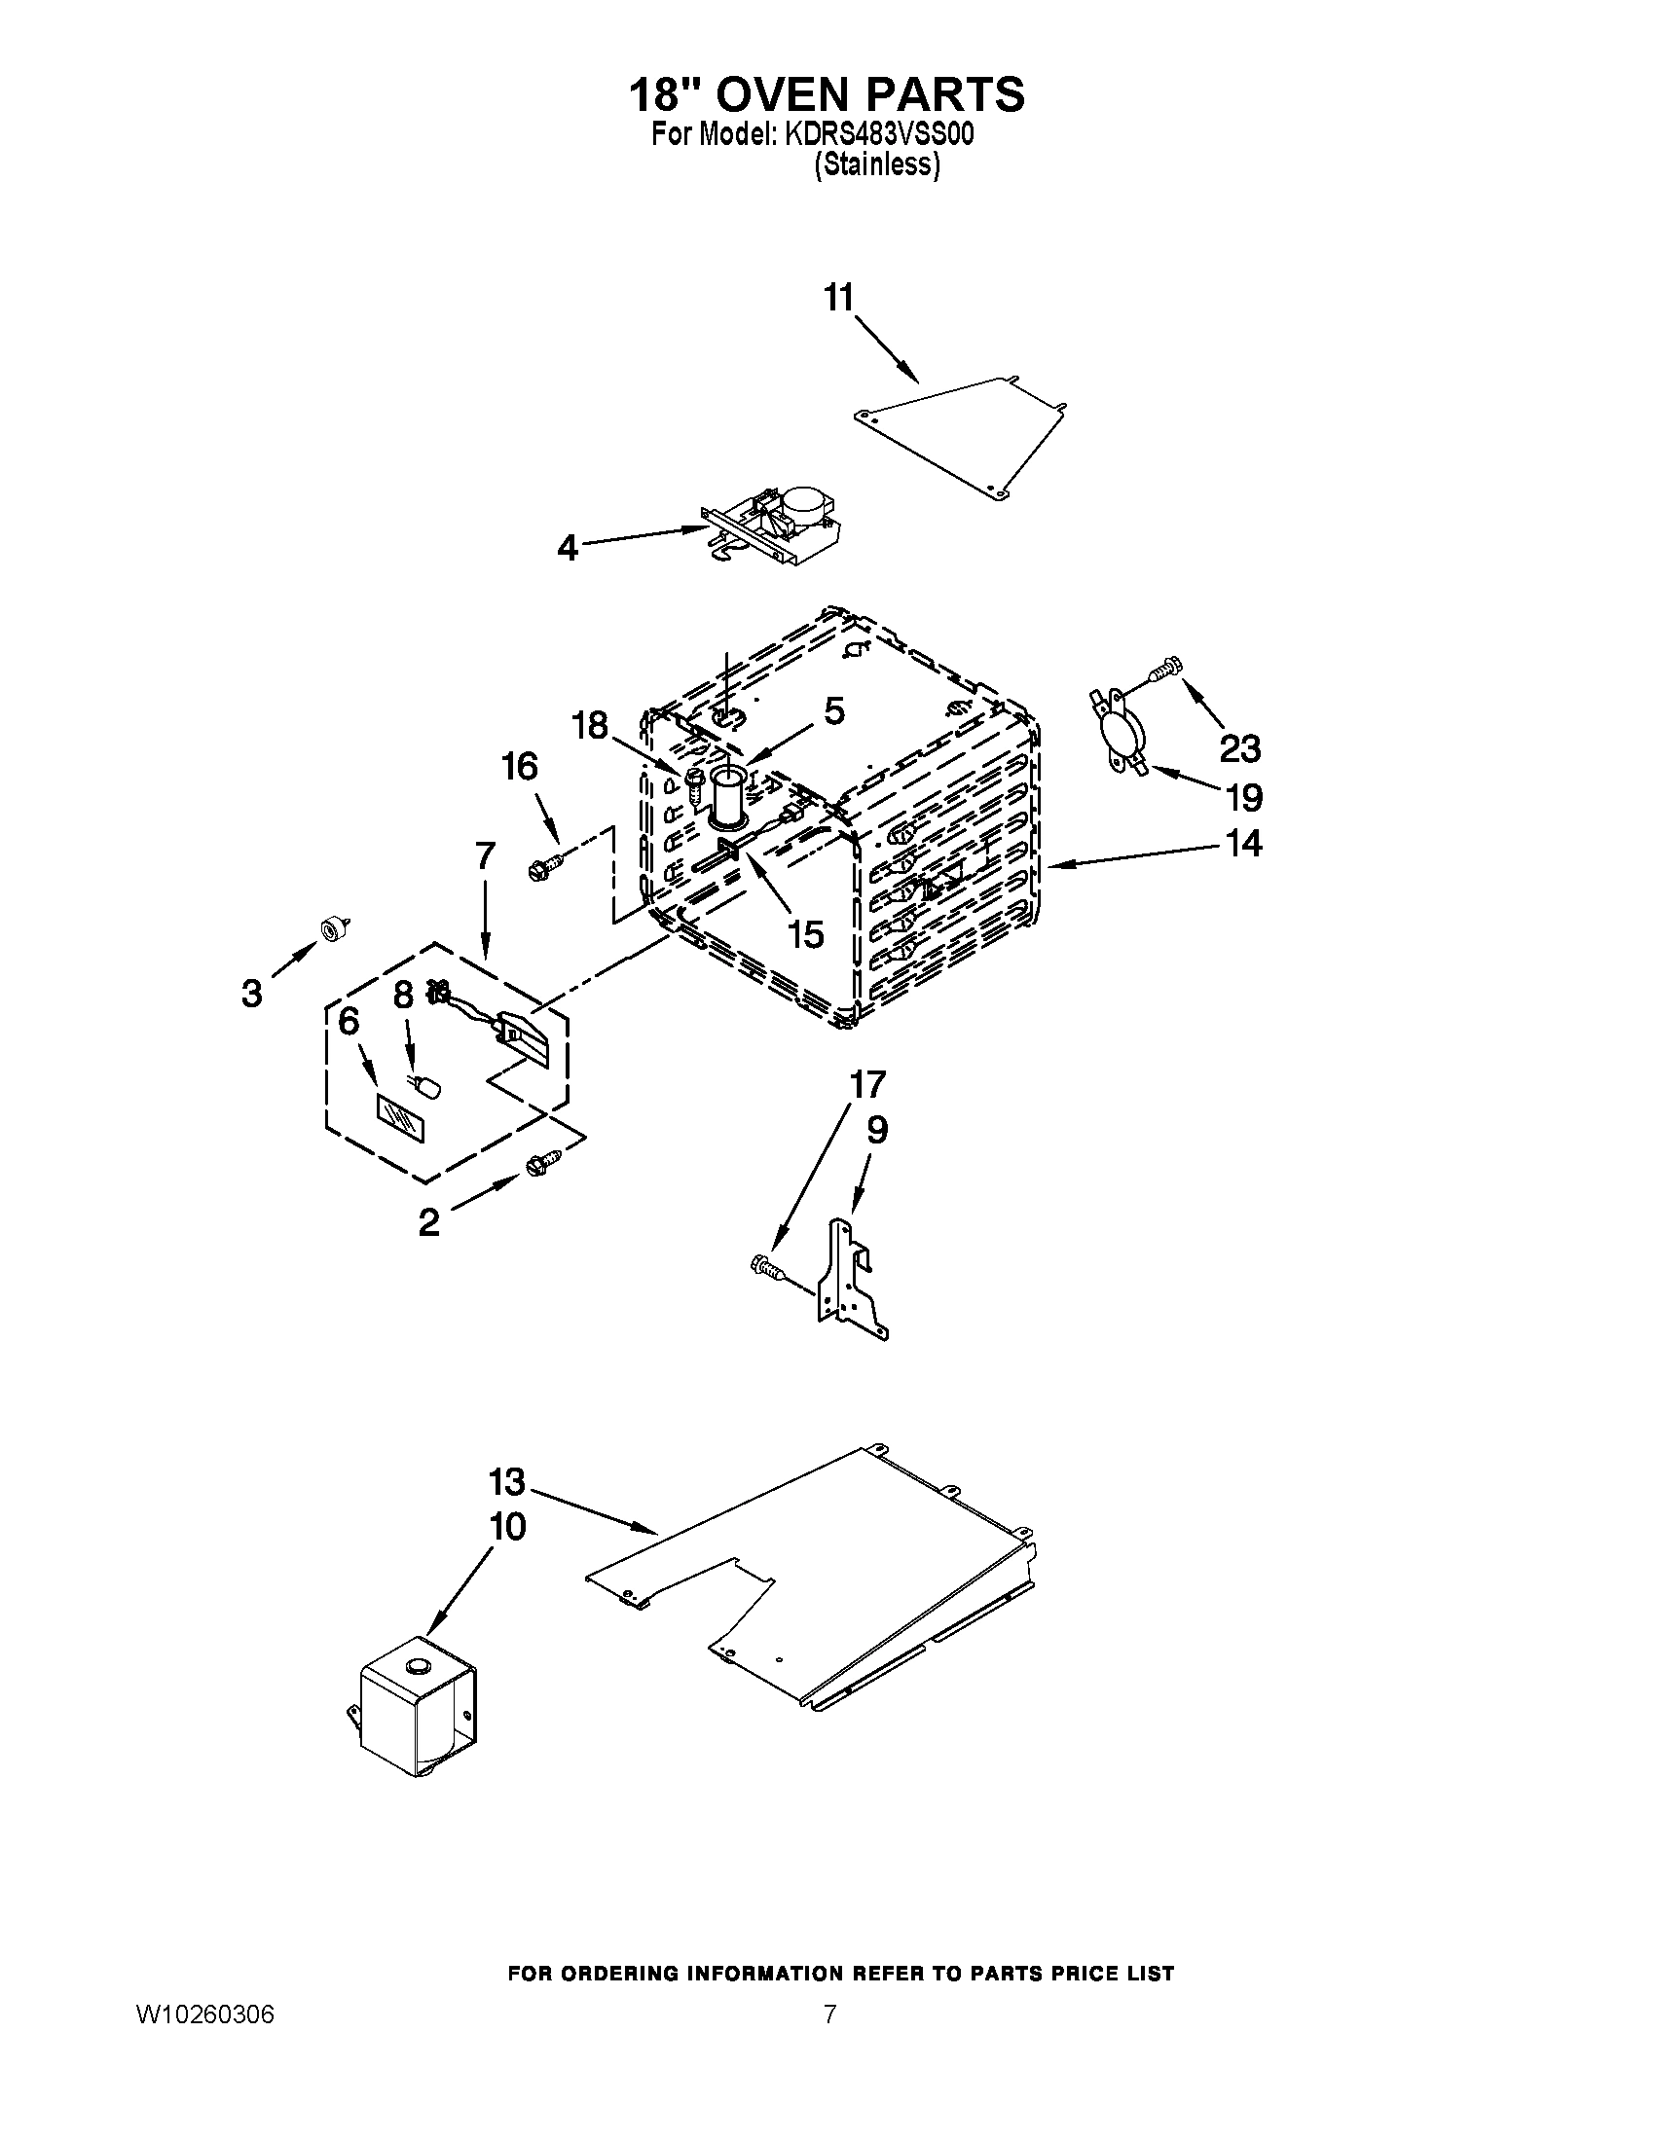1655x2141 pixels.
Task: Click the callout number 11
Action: pyautogui.click(x=839, y=297)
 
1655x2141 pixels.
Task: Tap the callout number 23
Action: pyautogui.click(x=1239, y=749)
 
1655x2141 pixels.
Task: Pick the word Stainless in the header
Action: pyautogui.click(x=876, y=165)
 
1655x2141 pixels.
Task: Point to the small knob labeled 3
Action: pyautogui.click(x=332, y=926)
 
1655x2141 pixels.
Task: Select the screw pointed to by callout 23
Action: pyautogui.click(x=1162, y=668)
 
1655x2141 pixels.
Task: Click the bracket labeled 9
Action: pyautogui.click(x=848, y=1277)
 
